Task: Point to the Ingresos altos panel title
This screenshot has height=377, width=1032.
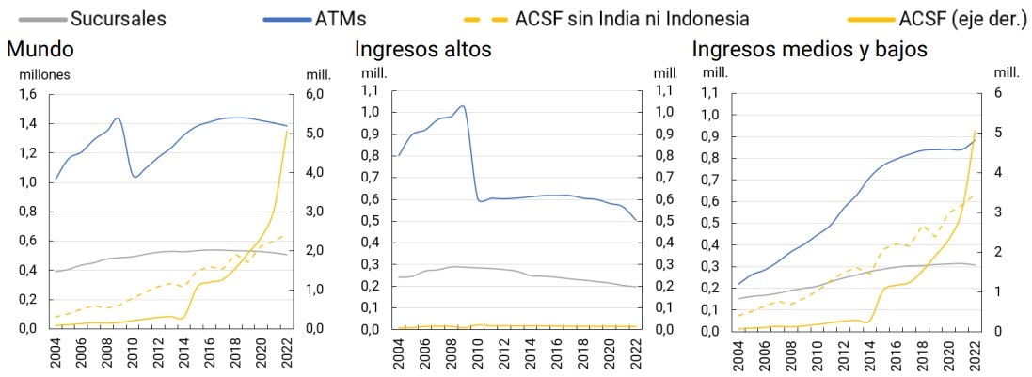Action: tap(422, 49)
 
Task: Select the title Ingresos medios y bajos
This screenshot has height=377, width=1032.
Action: tap(809, 49)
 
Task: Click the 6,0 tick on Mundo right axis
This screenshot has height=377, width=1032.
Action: tap(312, 94)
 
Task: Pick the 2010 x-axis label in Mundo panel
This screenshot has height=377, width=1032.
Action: tap(134, 353)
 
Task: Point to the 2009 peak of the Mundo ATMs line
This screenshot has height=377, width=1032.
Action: tap(117, 118)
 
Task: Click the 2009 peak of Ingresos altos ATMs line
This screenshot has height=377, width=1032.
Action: tap(462, 106)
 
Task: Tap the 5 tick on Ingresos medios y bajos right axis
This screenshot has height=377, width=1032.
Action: tap(1000, 133)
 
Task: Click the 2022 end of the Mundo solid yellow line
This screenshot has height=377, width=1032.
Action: tap(286, 131)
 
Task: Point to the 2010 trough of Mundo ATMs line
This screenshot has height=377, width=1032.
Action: tap(135, 177)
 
